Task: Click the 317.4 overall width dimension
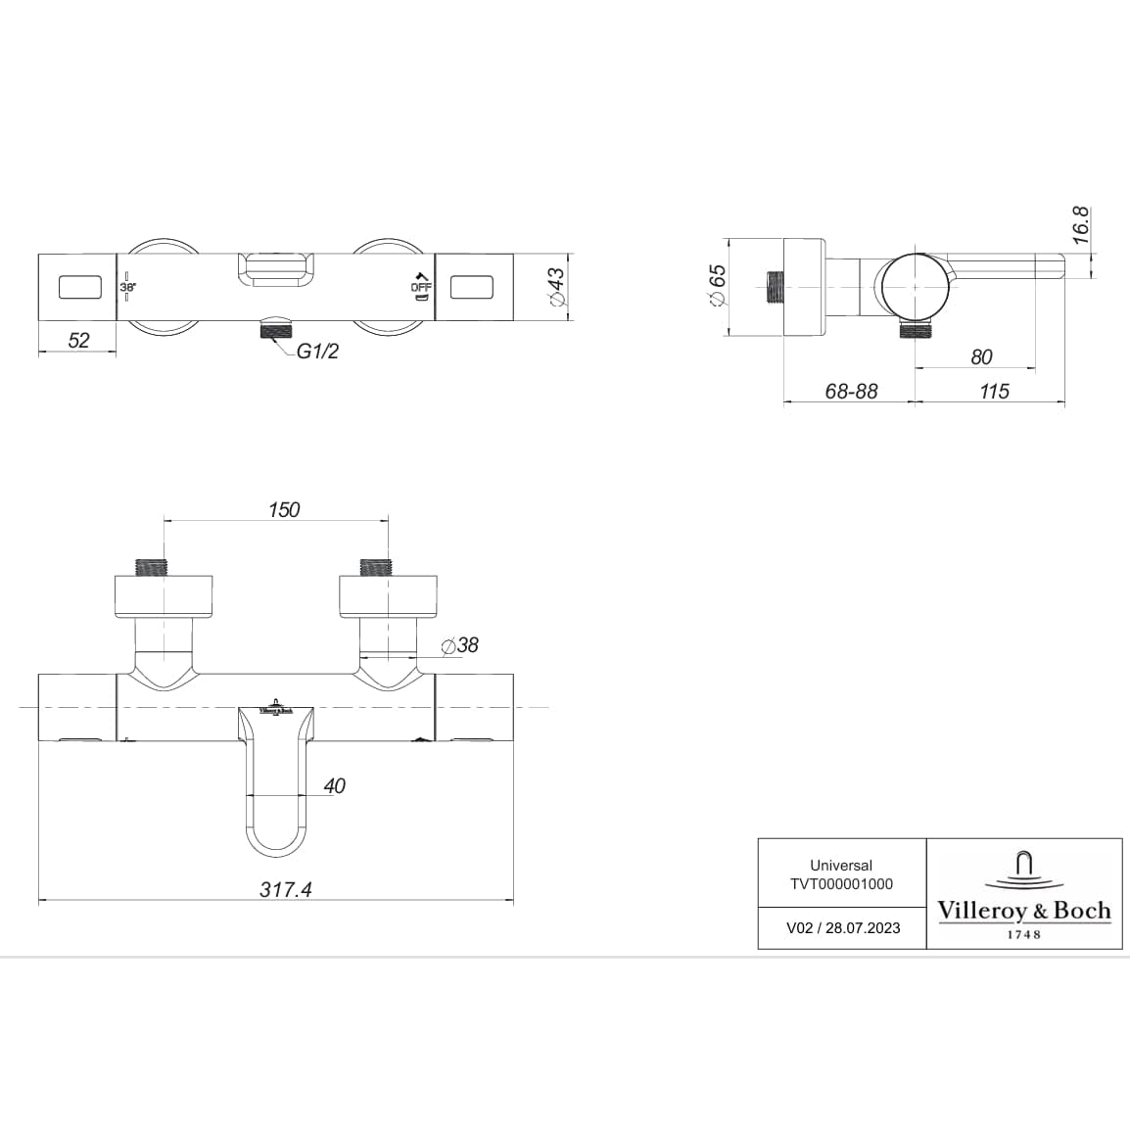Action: (286, 889)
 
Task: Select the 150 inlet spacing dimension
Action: (284, 509)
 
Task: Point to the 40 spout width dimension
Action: (334, 785)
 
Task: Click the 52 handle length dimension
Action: (78, 340)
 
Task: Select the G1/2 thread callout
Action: (317, 352)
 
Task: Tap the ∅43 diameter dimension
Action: (556, 287)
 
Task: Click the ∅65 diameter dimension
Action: (717, 286)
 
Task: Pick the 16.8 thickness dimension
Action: (1080, 225)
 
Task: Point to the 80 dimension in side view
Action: (981, 357)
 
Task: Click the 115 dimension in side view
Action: (994, 391)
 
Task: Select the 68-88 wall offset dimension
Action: (851, 391)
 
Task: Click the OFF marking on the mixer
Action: (419, 287)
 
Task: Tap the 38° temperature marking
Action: (128, 287)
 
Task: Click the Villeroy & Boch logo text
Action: (1024, 911)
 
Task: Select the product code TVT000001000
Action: (841, 883)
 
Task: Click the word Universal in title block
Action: (841, 866)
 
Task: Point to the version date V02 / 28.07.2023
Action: (843, 928)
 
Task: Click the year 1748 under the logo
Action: (1024, 934)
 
